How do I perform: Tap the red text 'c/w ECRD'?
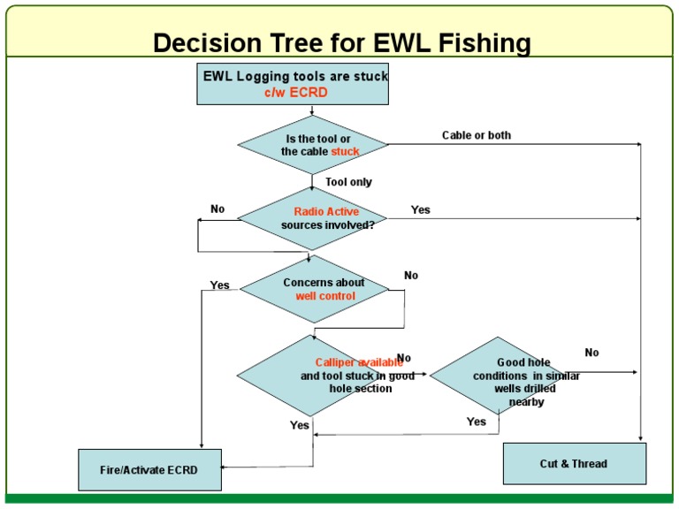click(x=295, y=92)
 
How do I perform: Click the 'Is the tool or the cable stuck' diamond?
click(x=313, y=145)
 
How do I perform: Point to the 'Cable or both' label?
click(x=477, y=135)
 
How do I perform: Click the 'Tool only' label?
click(x=349, y=182)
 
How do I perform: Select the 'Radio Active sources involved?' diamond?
click(x=313, y=218)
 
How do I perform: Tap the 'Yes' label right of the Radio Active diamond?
click(x=421, y=209)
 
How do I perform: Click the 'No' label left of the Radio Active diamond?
click(x=217, y=209)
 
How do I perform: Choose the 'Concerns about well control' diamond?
click(x=315, y=289)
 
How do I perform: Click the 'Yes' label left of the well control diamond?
click(x=220, y=285)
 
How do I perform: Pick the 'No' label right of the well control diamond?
click(x=411, y=276)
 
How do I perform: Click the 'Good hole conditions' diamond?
click(x=500, y=376)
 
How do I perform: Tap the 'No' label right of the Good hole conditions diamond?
click(x=591, y=353)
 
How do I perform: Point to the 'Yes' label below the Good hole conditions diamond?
click(x=477, y=422)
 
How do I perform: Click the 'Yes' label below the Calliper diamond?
click(x=300, y=425)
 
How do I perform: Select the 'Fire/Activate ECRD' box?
click(x=149, y=469)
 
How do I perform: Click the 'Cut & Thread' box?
click(x=574, y=463)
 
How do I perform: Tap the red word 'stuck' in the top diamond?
click(x=345, y=152)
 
